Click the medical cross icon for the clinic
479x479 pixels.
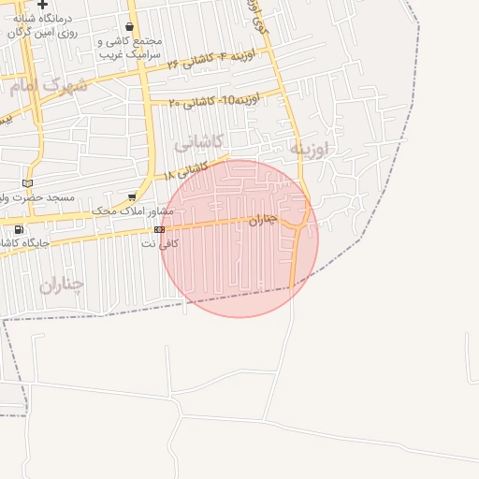pyautogui.click(x=41, y=5)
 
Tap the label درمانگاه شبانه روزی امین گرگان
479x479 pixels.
pyautogui.click(x=43, y=26)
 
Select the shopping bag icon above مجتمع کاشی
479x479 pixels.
pyautogui.click(x=130, y=27)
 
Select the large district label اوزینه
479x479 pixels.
pyautogui.click(x=309, y=149)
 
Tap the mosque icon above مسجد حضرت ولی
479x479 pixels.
pyautogui.click(x=27, y=181)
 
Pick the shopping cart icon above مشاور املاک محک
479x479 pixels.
pyautogui.click(x=132, y=196)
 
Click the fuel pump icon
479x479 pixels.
pyautogui.click(x=19, y=229)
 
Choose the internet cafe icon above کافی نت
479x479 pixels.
pyautogui.click(x=160, y=229)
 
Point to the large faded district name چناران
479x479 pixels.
pyautogui.click(x=62, y=283)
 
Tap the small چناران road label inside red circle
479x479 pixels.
pyautogui.click(x=265, y=220)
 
